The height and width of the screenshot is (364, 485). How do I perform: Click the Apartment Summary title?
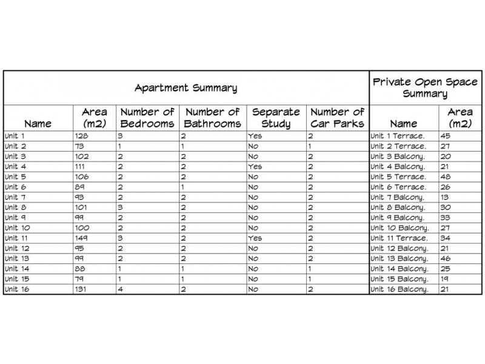point(186,88)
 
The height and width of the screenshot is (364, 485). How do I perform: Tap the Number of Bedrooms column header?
point(148,118)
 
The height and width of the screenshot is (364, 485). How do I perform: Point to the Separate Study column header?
point(275,118)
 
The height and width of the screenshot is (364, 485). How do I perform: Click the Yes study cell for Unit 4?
point(255,166)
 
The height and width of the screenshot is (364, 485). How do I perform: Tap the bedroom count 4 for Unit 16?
point(121,289)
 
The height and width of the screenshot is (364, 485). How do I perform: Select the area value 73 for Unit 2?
point(80,146)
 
